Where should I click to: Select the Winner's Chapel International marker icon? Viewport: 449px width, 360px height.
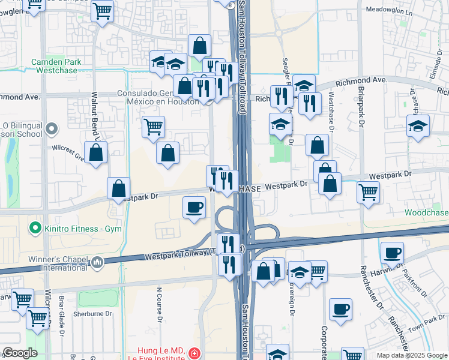point(97,262)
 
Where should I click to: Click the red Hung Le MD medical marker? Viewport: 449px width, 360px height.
point(193,354)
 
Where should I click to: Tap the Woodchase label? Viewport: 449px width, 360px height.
point(426,213)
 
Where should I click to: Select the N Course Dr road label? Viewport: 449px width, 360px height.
point(160,304)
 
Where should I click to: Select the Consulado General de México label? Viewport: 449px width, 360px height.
point(157,97)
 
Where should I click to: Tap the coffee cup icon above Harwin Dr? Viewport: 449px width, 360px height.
point(392,253)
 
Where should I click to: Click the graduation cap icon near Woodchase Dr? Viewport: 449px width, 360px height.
point(418,126)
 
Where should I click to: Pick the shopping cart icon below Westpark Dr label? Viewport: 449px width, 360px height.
point(368,192)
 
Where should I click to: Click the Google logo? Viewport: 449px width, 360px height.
point(20,353)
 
